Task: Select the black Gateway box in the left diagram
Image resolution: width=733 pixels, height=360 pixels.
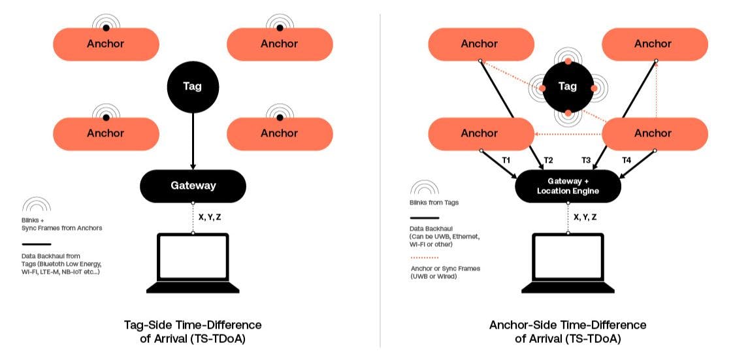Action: (x=193, y=186)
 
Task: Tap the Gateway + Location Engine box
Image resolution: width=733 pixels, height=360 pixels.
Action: (x=568, y=186)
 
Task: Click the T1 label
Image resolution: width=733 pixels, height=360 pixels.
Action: (x=505, y=160)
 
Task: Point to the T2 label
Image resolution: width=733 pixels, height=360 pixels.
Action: (x=548, y=160)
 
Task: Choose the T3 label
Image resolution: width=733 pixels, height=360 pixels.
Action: (x=586, y=160)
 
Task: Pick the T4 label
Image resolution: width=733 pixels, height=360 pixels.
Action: (x=626, y=160)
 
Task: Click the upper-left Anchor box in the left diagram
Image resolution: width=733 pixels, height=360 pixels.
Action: (x=106, y=44)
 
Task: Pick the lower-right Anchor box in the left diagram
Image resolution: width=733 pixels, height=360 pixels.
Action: (x=279, y=133)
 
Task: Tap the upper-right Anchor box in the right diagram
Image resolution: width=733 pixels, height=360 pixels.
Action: (x=653, y=44)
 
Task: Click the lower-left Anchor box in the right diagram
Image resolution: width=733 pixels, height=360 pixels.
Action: (x=480, y=133)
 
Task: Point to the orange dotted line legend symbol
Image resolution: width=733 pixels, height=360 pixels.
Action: (x=425, y=257)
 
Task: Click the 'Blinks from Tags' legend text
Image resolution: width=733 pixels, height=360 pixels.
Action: (x=434, y=203)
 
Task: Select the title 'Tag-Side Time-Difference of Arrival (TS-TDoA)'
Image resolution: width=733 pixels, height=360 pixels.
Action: (x=193, y=331)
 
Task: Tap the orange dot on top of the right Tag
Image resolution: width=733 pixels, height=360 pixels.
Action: (x=568, y=61)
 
